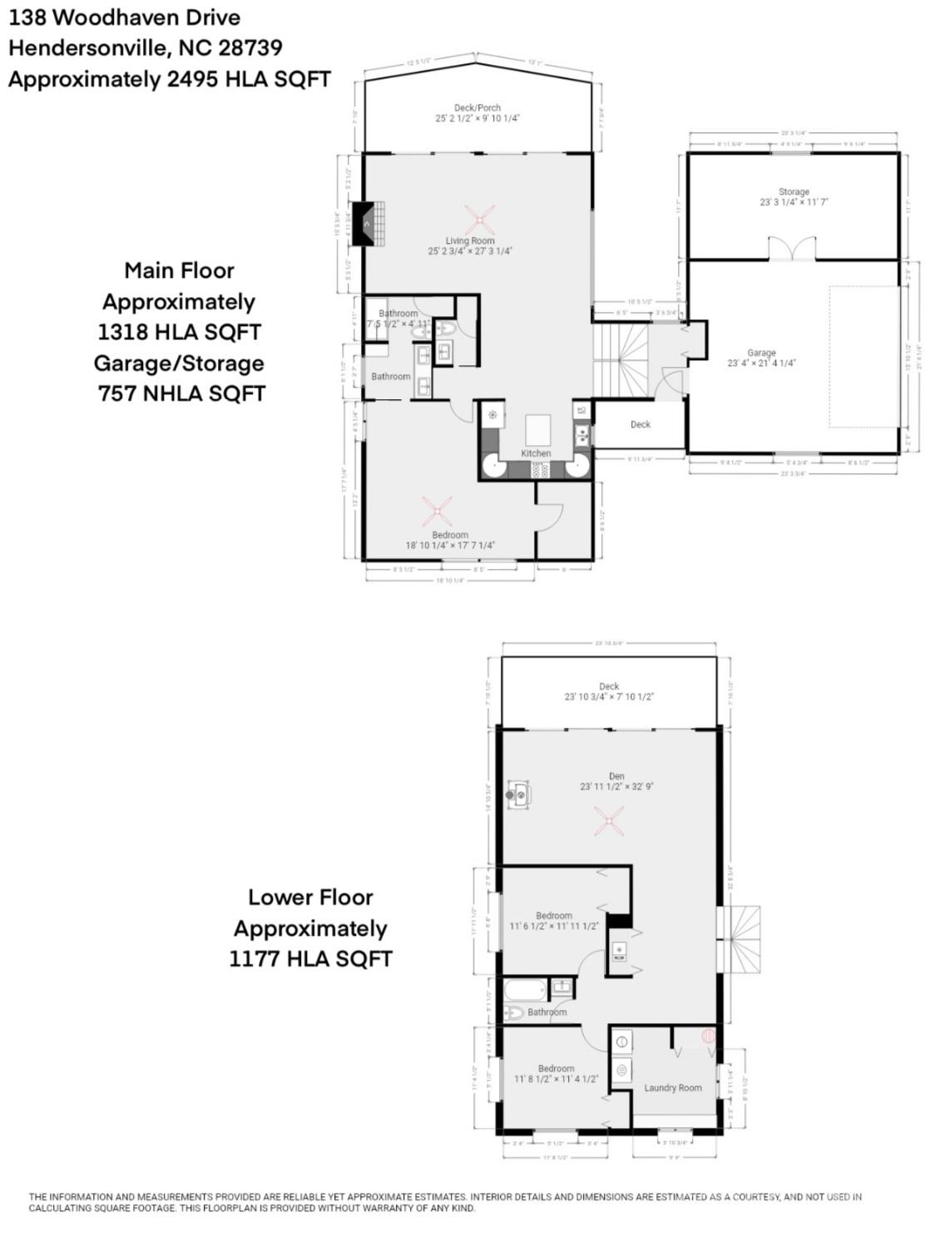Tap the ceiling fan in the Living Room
[480, 220]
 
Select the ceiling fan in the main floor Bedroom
[437, 511]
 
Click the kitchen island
[538, 431]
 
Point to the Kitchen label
[536, 453]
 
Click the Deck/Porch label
[477, 107]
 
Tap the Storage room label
[794, 191]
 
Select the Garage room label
[761, 353]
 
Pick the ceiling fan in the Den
[611, 823]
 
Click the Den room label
[616, 776]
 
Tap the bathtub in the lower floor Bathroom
[526, 991]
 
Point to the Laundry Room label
[673, 1087]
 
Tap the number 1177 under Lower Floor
[254, 958]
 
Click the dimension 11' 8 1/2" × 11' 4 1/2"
[556, 1079]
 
